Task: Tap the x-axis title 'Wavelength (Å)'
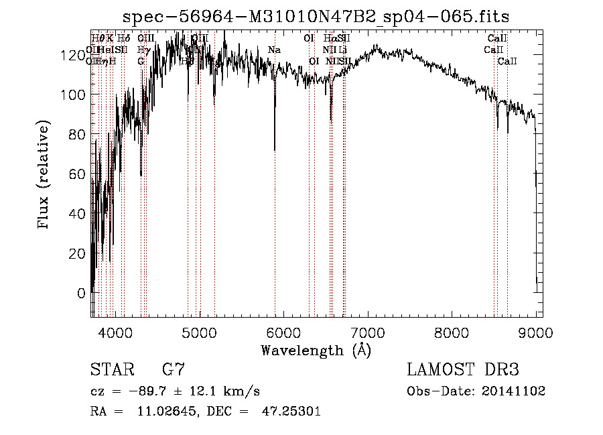(316, 350)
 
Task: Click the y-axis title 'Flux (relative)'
(45, 176)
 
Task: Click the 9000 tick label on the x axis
(536, 332)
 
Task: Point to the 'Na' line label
(274, 50)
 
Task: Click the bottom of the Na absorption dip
(275, 149)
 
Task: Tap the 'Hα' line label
(329, 39)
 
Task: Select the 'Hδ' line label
(124, 39)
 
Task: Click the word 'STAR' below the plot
(112, 370)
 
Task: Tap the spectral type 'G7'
(174, 370)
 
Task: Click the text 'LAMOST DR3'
(462, 370)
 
